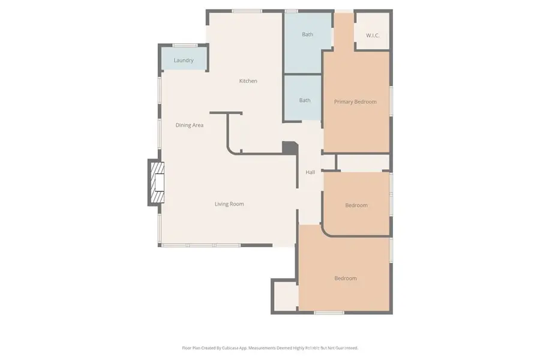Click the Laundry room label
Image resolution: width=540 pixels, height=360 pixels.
pos(183,61)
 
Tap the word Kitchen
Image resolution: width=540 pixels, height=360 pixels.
pos(248,81)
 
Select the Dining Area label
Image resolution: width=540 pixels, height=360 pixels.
pos(189,125)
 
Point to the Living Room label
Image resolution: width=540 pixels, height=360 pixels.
pos(229,204)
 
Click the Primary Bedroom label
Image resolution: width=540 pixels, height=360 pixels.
pos(355,102)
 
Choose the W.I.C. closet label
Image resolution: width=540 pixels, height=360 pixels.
pos(373,35)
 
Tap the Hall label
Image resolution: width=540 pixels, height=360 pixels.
pos(310,172)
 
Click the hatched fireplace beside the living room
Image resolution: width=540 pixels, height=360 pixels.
pos(157,183)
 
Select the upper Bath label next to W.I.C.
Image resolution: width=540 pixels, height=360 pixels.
pos(307,34)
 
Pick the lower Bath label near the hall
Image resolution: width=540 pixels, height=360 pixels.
pos(305,100)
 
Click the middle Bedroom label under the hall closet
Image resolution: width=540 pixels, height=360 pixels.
pos(356,205)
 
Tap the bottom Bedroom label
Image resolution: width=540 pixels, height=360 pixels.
pos(345,278)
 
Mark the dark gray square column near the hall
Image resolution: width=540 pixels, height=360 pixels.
pos(290,148)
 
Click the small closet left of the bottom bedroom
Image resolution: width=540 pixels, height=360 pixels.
pos(285,295)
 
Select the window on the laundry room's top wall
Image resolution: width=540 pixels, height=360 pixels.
pos(185,45)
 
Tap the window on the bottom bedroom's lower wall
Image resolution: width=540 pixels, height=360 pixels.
pos(329,313)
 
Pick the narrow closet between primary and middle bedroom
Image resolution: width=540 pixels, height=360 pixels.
pos(362,162)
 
